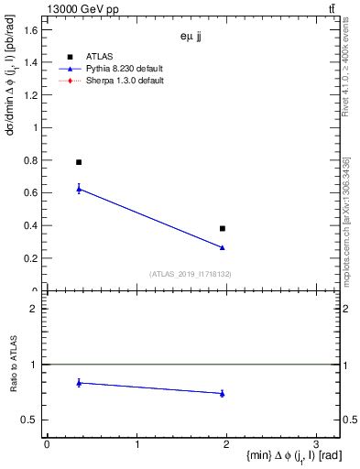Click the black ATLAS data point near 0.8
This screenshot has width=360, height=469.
[x=79, y=162]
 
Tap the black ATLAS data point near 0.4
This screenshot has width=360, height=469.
[x=223, y=228]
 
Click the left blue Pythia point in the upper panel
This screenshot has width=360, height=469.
[x=79, y=189]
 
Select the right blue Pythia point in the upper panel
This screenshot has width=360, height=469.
[x=223, y=247]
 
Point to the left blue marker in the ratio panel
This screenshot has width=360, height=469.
[x=79, y=383]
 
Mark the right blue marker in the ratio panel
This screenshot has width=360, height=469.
[x=223, y=394]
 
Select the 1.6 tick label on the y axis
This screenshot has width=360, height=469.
[x=30, y=30]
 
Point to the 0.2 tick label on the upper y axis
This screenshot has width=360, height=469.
[x=30, y=258]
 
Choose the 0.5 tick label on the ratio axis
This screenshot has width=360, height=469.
[x=30, y=420]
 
